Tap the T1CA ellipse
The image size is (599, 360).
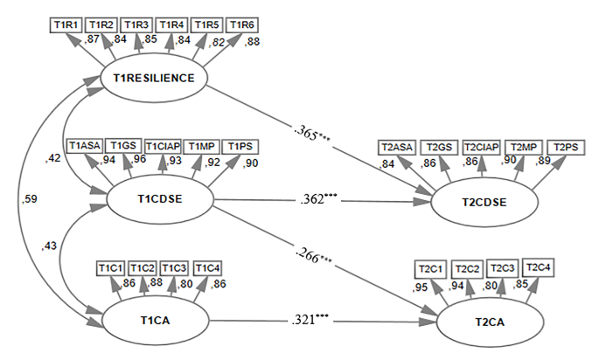(x=155, y=320)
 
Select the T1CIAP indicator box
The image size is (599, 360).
(x=164, y=145)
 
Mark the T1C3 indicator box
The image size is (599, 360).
(x=174, y=267)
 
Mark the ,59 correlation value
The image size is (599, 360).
(x=28, y=200)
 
